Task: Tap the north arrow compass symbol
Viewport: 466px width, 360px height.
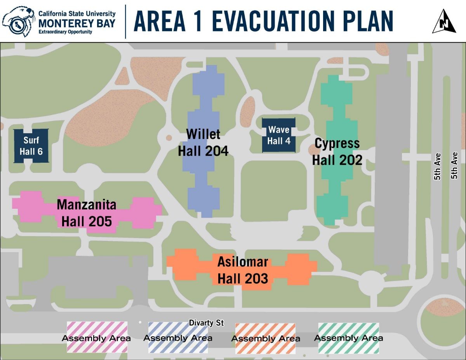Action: click(444, 22)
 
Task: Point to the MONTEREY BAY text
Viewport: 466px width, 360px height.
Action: click(77, 23)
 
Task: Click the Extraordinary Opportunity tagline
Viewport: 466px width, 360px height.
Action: click(65, 32)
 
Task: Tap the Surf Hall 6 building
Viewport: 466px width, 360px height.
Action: click(31, 146)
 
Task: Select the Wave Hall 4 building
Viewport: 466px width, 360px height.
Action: click(279, 135)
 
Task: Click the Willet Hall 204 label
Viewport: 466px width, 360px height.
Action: click(203, 142)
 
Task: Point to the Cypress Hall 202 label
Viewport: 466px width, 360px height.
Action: click(337, 151)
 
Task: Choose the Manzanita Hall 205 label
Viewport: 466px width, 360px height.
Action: click(87, 212)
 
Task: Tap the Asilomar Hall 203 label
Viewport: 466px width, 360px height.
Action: click(242, 270)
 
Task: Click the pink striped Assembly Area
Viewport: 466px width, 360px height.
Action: click(97, 337)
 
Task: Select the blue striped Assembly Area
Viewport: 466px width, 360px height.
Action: click(178, 337)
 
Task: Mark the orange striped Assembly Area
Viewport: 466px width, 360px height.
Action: click(265, 338)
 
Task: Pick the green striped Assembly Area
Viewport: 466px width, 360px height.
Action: click(348, 337)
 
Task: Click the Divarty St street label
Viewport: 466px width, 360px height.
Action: click(206, 323)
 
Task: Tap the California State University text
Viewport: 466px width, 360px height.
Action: click(77, 14)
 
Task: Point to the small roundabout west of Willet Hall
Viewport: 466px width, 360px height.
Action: click(169, 137)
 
